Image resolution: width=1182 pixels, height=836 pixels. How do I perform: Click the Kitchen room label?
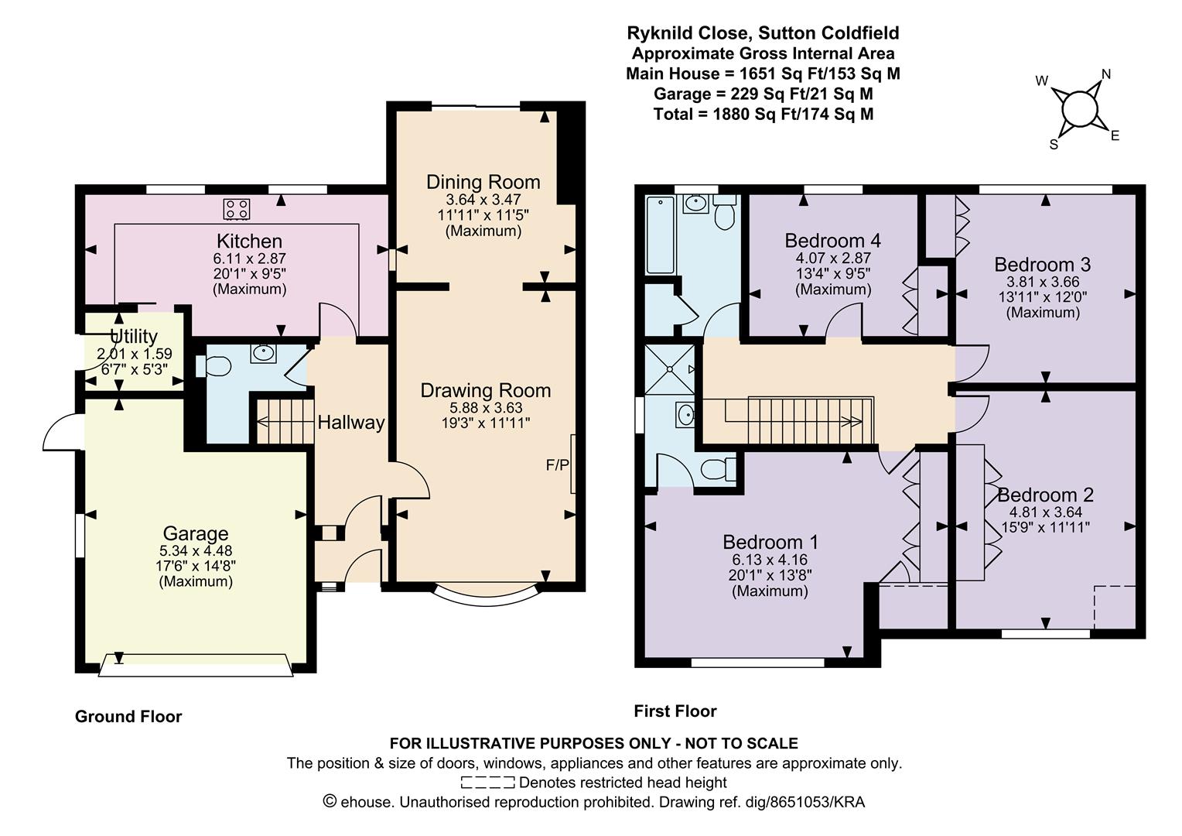249,242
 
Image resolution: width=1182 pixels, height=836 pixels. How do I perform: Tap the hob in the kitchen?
237,208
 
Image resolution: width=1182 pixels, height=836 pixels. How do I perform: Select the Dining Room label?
483,182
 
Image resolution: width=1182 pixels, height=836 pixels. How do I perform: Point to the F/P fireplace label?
557,464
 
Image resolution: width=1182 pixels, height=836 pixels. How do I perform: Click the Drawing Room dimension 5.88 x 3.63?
486,408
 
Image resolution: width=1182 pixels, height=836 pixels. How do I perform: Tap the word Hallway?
351,423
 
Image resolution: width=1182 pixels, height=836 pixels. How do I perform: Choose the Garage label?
195,533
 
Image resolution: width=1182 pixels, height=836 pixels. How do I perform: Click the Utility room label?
134,337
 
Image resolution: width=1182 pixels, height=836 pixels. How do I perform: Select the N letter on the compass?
1106,74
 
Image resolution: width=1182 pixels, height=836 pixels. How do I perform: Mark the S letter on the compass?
1054,145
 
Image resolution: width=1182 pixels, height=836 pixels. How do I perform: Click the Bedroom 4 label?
832,241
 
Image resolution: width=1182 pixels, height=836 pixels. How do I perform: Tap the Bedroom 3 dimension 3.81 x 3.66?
1043,282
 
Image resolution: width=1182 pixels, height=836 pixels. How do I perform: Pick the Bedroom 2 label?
1045,495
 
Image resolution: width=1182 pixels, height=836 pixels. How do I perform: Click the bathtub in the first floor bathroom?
660,235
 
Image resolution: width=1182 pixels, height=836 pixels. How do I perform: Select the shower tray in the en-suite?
670,369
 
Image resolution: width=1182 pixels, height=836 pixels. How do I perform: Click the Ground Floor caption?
128,717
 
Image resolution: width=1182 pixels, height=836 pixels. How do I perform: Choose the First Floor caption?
675,711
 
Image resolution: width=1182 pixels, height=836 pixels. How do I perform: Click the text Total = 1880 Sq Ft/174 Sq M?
763,114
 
